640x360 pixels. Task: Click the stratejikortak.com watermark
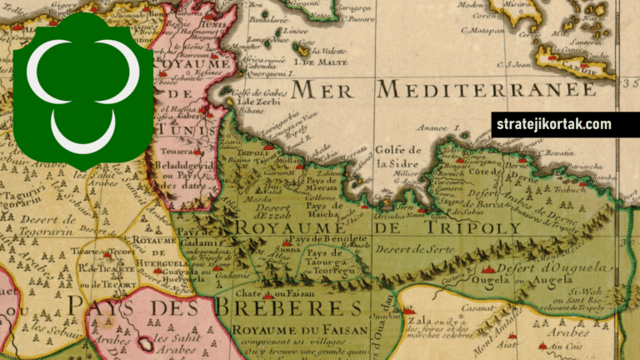click(x=553, y=125)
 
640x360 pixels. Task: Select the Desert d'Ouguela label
click(x=548, y=268)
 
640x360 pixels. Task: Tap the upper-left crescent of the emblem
click(x=53, y=71)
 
